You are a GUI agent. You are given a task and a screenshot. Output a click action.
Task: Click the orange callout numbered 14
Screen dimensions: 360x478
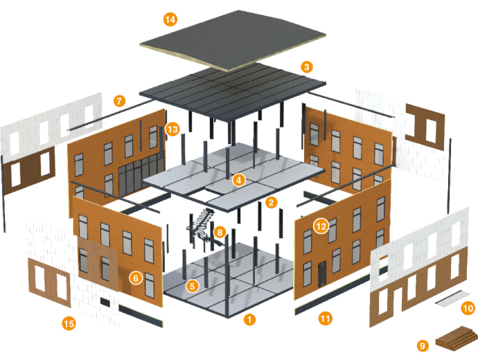click(170, 19)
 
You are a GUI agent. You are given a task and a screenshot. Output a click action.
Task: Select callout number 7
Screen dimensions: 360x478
click(121, 101)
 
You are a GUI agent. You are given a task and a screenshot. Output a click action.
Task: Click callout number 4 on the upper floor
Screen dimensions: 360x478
click(239, 180)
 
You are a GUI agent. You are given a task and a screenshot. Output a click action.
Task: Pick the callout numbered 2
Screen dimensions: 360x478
click(271, 202)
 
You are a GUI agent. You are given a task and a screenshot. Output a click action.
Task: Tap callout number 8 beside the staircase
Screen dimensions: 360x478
click(220, 233)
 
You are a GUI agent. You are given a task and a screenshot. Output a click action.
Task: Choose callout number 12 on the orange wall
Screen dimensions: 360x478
click(320, 226)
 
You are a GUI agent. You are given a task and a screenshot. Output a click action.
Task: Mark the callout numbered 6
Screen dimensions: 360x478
click(135, 278)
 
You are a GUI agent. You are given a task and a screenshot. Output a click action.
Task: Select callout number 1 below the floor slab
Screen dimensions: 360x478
click(249, 319)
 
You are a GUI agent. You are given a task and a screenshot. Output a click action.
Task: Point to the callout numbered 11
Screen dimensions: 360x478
click(325, 318)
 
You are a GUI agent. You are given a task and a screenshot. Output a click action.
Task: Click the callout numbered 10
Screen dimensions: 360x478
click(468, 309)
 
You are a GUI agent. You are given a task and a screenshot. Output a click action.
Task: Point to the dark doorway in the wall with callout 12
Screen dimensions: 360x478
click(321, 274)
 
